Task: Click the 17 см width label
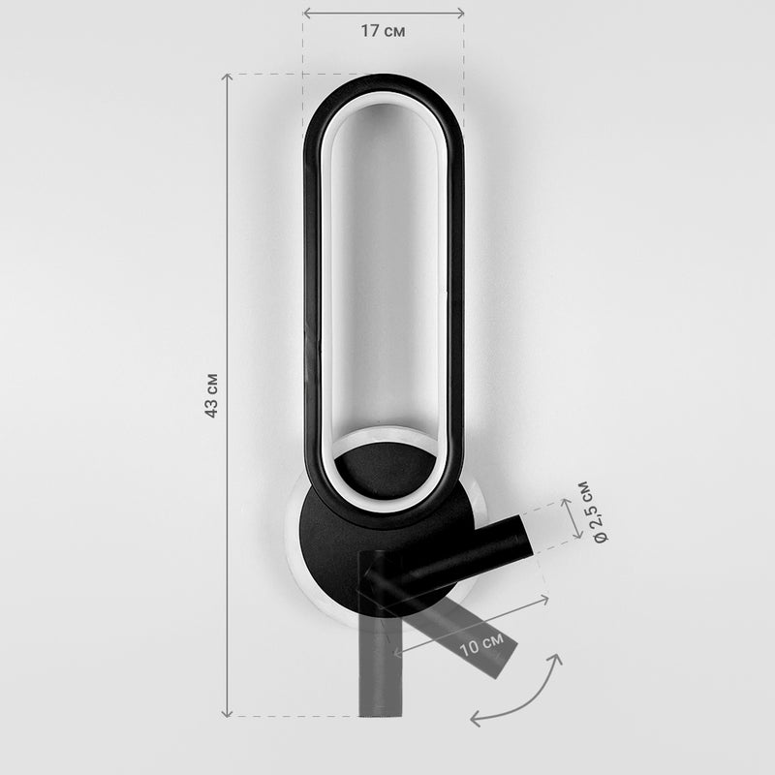[x=383, y=31]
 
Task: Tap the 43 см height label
[x=211, y=395]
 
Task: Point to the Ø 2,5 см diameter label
[x=594, y=511]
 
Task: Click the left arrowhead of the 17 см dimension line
[x=306, y=14]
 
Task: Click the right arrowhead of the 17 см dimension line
[x=460, y=14]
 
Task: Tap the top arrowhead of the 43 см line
[x=227, y=77]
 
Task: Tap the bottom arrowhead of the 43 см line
[x=227, y=713]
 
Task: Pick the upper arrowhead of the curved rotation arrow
[x=557, y=660]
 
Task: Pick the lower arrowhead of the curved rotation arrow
[x=475, y=719]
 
